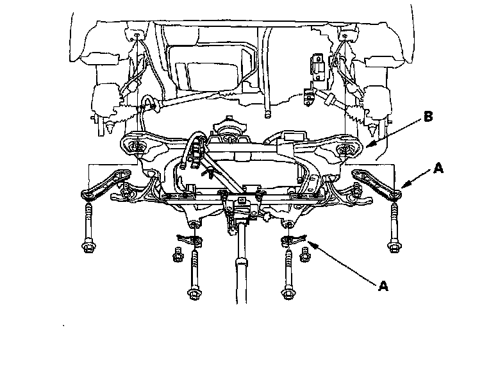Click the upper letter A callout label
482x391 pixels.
click(x=438, y=168)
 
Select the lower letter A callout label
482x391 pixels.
click(x=384, y=286)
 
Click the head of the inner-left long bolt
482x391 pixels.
click(x=192, y=294)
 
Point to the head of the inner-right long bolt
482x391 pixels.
click(x=287, y=294)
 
